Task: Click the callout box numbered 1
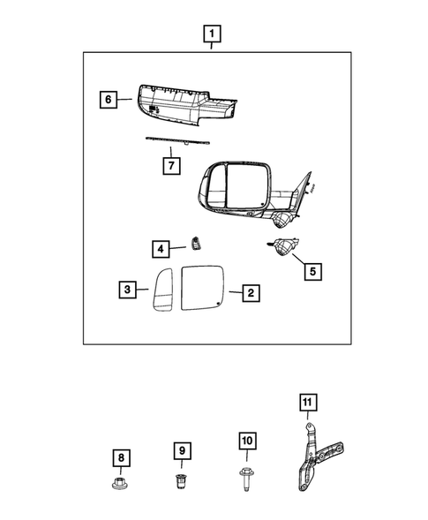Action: (211, 35)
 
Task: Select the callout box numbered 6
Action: (109, 101)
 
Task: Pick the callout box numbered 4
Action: (160, 249)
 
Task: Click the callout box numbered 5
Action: (311, 271)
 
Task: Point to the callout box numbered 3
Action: (129, 289)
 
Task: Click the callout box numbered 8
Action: (121, 457)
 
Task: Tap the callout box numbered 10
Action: (245, 441)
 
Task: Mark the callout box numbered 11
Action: (306, 404)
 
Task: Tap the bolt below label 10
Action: (245, 480)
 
